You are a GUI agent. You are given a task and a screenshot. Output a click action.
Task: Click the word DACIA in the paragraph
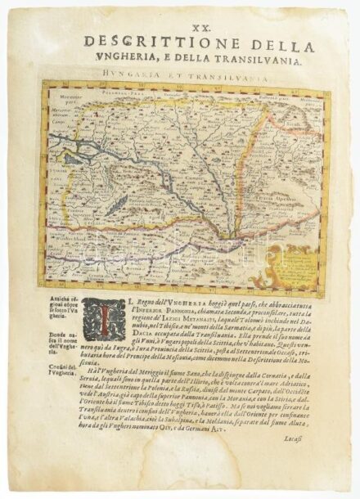pyautogui.click(x=131, y=341)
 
